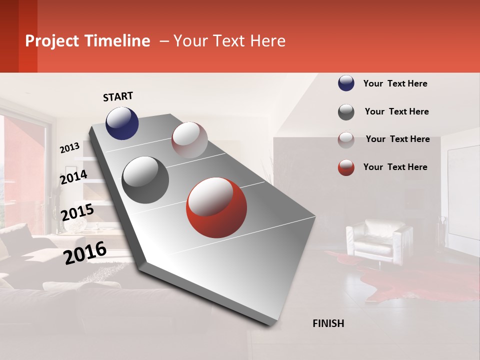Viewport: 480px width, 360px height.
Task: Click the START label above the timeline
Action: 118,96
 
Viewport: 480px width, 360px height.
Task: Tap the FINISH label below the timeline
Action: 328,323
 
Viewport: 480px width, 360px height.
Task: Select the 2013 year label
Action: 69,148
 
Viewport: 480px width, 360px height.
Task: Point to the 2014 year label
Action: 73,177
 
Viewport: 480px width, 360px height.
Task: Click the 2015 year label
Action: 77,212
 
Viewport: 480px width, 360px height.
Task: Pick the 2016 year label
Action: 85,253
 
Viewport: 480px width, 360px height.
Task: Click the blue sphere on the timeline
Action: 122,123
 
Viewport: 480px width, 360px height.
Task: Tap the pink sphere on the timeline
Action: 189,140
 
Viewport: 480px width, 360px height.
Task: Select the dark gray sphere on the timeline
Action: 145,180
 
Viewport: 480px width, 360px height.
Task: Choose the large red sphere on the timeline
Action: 216,207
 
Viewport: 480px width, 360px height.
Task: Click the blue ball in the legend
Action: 346,83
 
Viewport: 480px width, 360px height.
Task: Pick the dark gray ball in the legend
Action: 346,112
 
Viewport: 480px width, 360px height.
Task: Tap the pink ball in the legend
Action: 346,140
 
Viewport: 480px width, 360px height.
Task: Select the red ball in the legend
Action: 346,167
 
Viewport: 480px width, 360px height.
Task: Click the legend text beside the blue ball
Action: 395,84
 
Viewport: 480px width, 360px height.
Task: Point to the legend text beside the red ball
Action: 395,167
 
